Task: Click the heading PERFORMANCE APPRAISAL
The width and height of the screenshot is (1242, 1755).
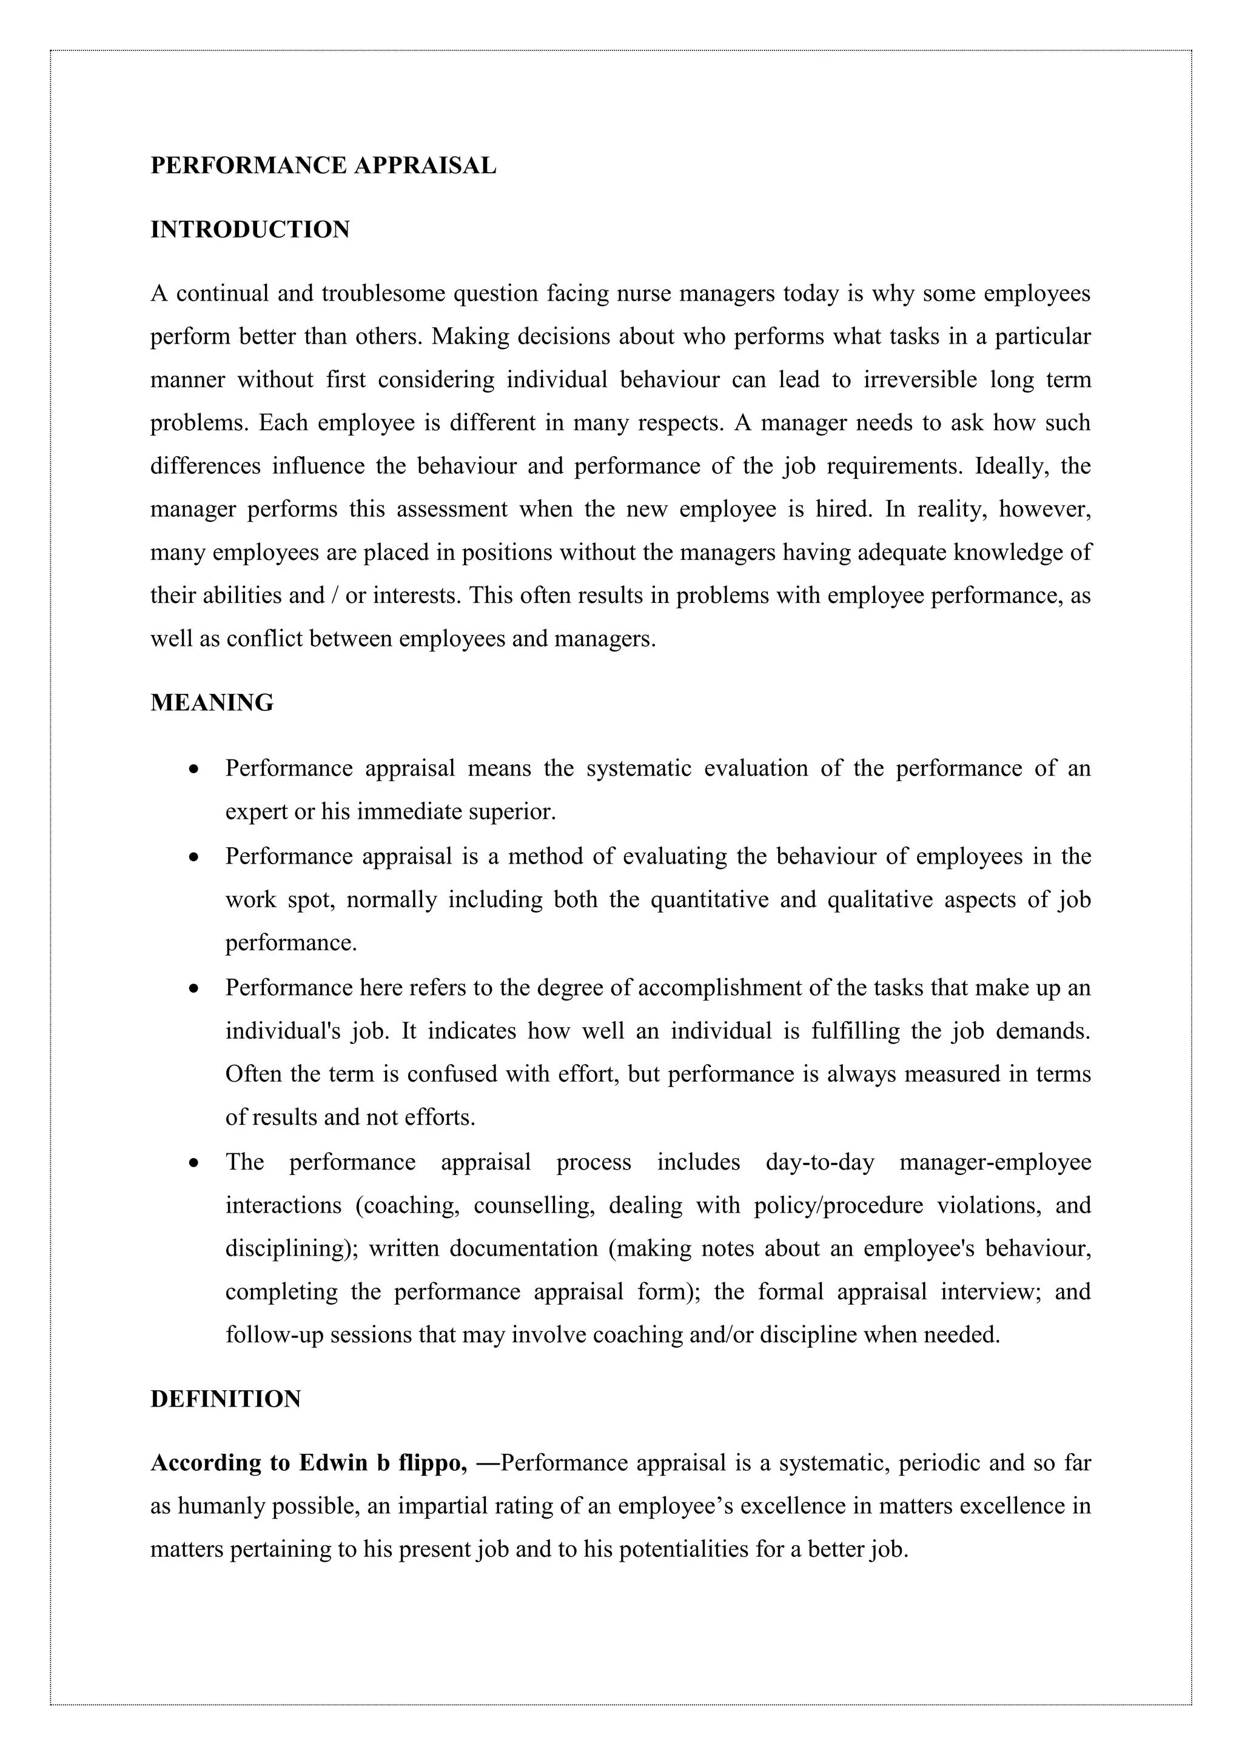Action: click(323, 166)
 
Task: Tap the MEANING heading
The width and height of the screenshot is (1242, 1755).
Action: click(212, 703)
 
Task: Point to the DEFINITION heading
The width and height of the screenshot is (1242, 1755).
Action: click(226, 1399)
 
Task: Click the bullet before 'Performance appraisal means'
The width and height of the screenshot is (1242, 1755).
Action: click(195, 769)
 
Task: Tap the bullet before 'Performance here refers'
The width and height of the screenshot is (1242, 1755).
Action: click(195, 989)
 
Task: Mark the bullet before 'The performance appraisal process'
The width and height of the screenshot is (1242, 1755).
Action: click(195, 1164)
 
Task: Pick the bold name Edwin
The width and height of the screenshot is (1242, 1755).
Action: click(334, 1463)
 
